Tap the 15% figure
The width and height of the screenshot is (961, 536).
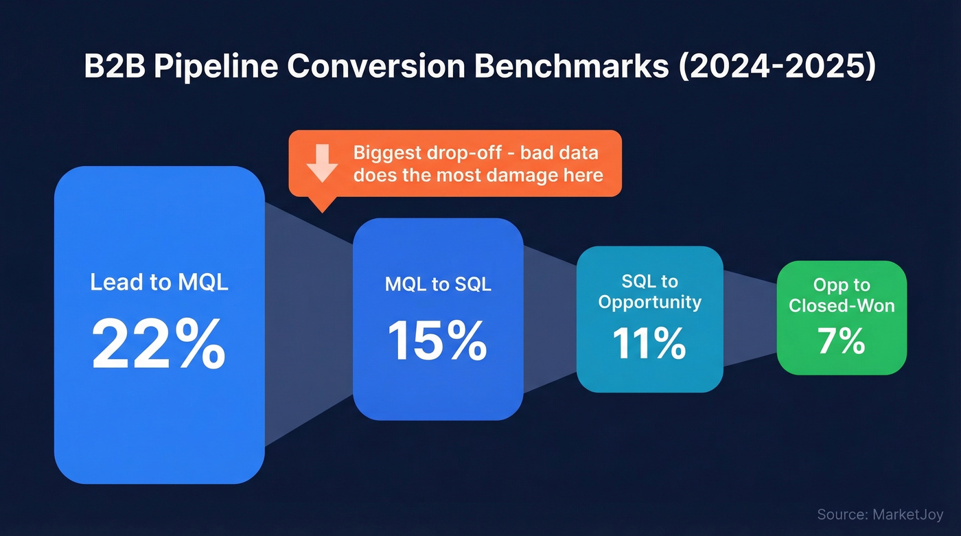(437, 340)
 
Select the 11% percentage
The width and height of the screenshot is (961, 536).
(649, 343)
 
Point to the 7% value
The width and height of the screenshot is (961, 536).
(842, 341)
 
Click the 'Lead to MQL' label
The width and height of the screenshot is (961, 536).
(159, 282)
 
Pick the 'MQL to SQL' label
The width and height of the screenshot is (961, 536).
(438, 283)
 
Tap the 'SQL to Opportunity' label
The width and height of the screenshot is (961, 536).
(649, 292)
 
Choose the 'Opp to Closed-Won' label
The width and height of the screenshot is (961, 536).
(842, 295)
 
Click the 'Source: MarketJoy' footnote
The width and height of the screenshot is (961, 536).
(880, 514)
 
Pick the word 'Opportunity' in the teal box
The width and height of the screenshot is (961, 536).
(649, 302)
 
